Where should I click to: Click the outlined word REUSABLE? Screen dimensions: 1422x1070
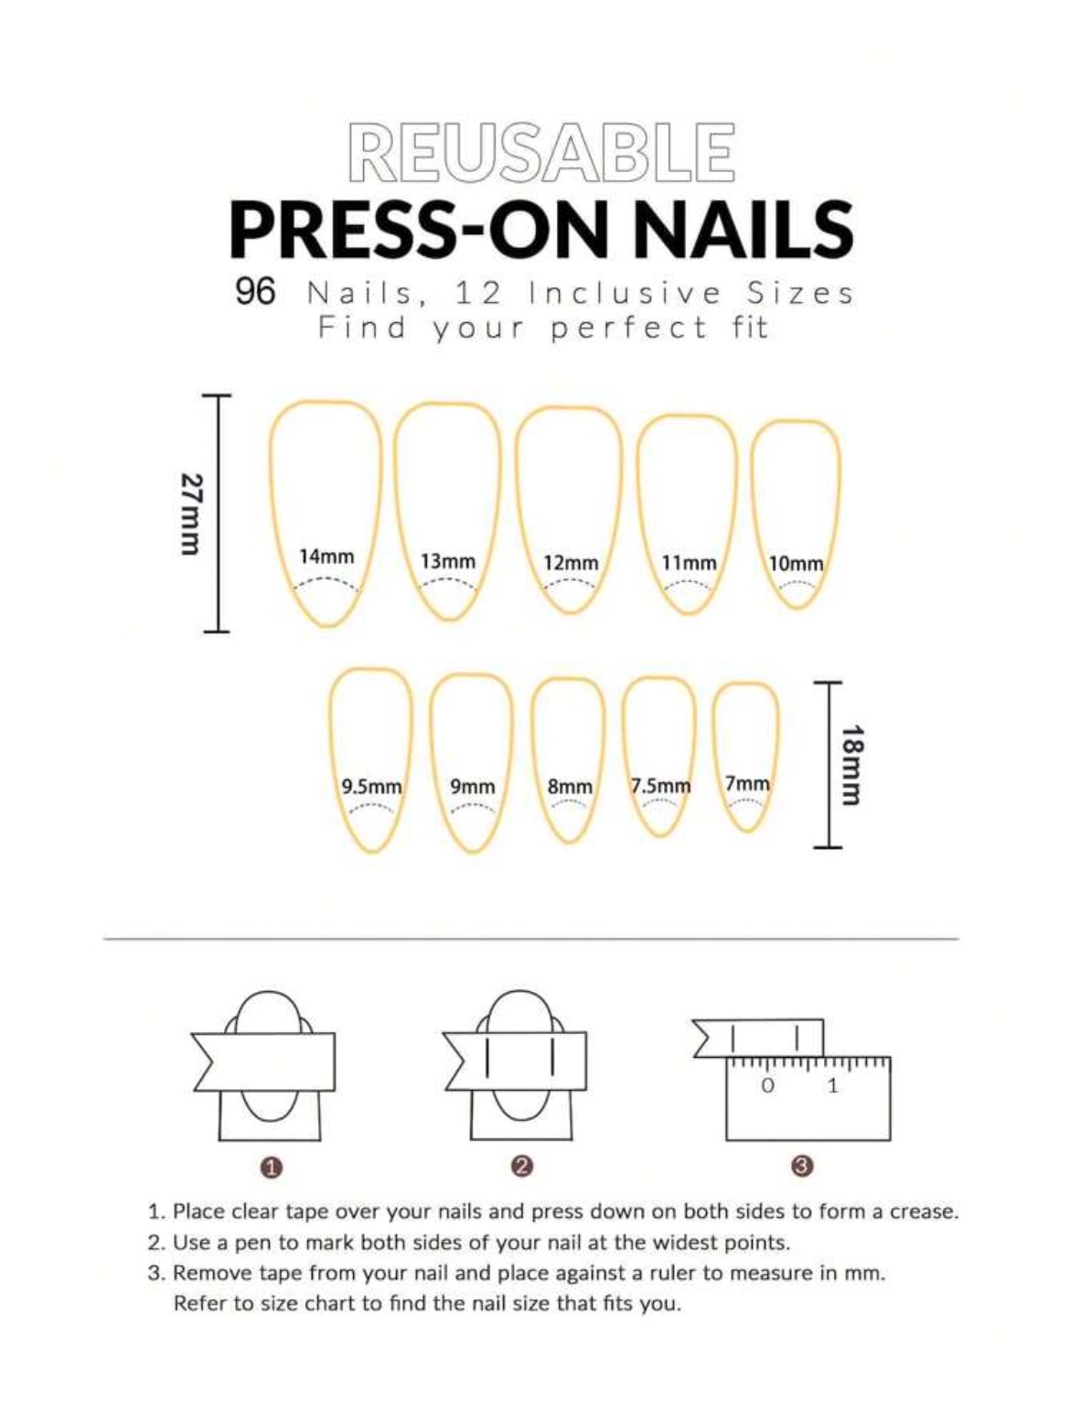coord(541,152)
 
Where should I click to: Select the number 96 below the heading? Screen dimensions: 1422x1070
coord(255,292)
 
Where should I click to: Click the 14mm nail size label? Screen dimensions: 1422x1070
coord(326,555)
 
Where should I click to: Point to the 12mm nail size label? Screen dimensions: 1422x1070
coord(571,563)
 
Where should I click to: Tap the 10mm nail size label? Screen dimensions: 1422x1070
coord(796,564)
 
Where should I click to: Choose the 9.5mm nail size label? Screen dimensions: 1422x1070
coord(371,786)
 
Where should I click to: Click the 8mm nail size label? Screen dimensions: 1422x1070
coord(570,787)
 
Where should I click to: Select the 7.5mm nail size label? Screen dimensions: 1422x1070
coord(660,786)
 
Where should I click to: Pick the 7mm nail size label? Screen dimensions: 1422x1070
coord(747,783)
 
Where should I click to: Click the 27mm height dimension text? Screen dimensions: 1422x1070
coord(191,513)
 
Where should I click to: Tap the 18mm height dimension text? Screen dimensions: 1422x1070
coord(852,764)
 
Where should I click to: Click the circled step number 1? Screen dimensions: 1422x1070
coord(272,1167)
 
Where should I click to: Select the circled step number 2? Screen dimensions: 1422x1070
coord(522,1166)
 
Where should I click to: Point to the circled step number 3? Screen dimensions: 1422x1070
coord(802,1166)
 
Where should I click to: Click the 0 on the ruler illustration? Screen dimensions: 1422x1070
coord(767,1086)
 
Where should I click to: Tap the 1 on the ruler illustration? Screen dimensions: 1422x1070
coord(832,1086)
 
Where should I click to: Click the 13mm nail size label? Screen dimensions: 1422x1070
coord(448,561)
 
